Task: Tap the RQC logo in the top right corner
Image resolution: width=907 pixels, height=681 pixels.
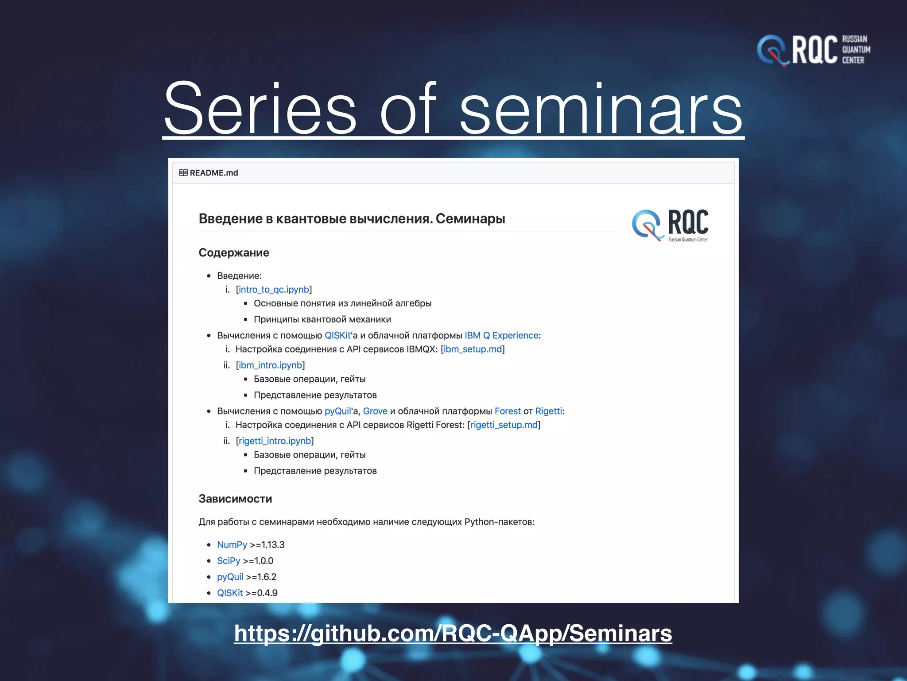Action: click(x=813, y=50)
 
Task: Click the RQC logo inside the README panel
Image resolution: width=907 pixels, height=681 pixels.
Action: click(x=670, y=225)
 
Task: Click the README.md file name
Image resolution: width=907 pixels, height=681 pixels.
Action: click(x=213, y=173)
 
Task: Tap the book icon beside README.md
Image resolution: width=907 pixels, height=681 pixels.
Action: click(x=183, y=173)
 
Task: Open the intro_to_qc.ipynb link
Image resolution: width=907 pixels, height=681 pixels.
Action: click(x=274, y=290)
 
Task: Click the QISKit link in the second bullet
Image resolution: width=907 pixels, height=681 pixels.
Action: click(x=337, y=336)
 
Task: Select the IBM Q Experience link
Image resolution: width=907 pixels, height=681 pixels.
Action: click(x=501, y=336)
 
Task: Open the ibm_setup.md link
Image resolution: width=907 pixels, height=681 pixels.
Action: click(x=473, y=349)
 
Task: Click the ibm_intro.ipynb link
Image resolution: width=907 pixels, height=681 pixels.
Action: click(x=270, y=365)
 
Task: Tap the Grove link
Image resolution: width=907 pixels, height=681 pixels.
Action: click(x=375, y=411)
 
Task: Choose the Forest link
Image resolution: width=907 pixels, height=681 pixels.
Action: click(x=508, y=411)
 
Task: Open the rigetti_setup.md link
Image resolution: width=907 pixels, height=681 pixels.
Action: click(x=504, y=425)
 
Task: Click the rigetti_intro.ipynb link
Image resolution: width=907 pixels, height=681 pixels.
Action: click(x=275, y=441)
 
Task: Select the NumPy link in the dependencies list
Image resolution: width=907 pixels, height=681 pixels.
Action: click(x=232, y=545)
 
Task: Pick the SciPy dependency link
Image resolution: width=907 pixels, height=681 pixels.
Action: click(x=228, y=561)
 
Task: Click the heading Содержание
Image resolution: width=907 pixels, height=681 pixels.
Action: click(x=233, y=253)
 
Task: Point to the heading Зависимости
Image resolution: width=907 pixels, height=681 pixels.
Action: click(x=235, y=499)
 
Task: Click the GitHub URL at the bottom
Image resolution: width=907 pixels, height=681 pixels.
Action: click(x=453, y=633)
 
